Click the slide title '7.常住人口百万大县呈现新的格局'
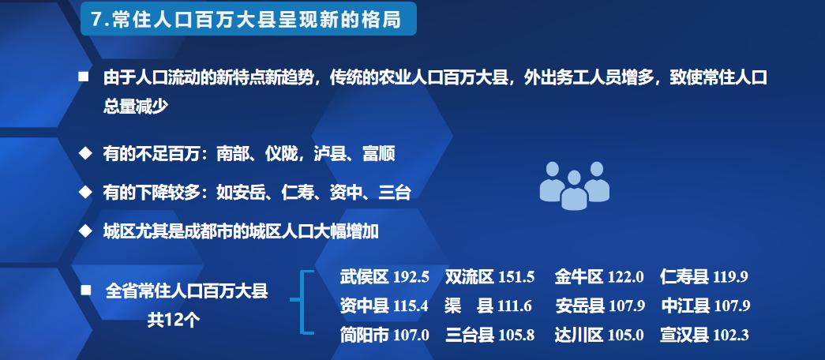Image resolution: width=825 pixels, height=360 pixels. pos(246,20)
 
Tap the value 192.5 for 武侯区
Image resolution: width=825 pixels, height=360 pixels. pos(411,277)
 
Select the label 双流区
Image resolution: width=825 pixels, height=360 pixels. pos(469,277)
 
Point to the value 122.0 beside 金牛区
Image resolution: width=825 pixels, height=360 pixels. pos(625,277)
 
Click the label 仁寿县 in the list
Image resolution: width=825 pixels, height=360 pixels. pos(684,277)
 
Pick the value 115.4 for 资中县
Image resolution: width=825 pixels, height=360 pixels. pos(411,306)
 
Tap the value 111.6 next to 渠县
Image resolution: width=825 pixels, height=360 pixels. pos(514,306)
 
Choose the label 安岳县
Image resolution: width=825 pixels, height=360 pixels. pos(579,306)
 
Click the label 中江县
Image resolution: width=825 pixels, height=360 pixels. pos(686,306)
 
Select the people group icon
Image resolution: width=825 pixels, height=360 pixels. pos(574,186)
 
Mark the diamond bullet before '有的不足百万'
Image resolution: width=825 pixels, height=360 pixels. pos(84,153)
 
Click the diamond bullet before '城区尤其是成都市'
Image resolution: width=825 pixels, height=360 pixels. pos(84,231)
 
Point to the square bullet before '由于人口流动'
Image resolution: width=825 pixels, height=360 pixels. pos(83,77)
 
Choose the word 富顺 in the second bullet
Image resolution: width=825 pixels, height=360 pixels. pos(379,154)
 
